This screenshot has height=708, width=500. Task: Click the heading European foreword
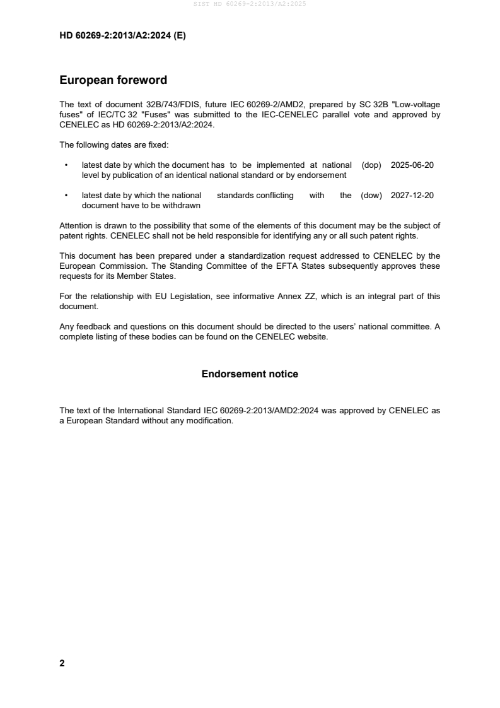[x=113, y=80]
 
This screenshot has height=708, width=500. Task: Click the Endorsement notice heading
[x=250, y=374]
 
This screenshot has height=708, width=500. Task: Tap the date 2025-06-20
[x=412, y=165]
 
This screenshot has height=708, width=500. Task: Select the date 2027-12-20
[x=412, y=196]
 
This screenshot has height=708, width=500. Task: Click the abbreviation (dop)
[x=371, y=165]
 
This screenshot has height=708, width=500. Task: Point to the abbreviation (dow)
[x=371, y=196]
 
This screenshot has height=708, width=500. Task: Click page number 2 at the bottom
[x=62, y=663]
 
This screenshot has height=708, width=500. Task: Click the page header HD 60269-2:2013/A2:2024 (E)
[x=122, y=36]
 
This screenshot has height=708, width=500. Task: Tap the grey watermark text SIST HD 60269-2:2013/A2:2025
[x=250, y=4]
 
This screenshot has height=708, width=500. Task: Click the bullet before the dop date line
[x=66, y=165]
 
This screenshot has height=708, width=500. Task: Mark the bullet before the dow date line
[x=66, y=196]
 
